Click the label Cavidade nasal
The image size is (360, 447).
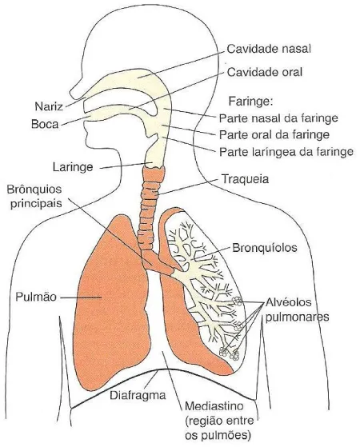tap(269, 49)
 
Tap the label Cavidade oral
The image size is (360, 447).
tap(265, 72)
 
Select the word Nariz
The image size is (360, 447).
tap(49, 106)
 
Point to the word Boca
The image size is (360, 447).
tap(45, 124)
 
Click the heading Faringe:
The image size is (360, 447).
tap(250, 101)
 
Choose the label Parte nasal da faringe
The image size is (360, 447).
tap(278, 118)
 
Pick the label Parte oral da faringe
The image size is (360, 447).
tap(274, 134)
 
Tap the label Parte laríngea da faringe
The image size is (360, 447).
tap(286, 152)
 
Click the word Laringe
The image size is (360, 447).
tap(73, 167)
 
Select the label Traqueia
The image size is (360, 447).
tap(245, 179)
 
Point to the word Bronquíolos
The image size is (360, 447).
tap(265, 247)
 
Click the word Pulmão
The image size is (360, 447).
tap(36, 297)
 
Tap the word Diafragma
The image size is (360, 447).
tap(138, 395)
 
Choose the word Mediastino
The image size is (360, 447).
tap(214, 405)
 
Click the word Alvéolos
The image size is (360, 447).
tap(288, 302)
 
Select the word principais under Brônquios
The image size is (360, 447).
tap(36, 204)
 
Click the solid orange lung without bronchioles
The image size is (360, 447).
tap(112, 302)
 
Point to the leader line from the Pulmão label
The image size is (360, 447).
tap(81, 297)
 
